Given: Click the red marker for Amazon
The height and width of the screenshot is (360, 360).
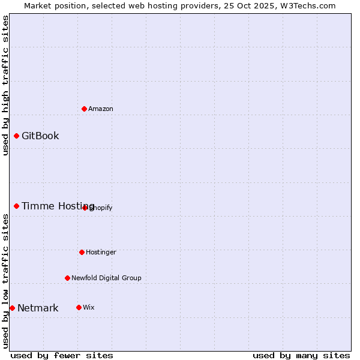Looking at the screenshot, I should pyautogui.click(x=85, y=109).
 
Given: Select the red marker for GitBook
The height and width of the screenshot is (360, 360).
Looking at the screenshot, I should pyautogui.click(x=17, y=136).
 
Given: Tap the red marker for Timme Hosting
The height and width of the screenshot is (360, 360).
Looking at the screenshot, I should pyautogui.click(x=17, y=206).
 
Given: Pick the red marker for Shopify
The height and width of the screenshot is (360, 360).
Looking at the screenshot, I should pyautogui.click(x=85, y=208).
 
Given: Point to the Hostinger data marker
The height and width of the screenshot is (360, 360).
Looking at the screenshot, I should pyautogui.click(x=82, y=252).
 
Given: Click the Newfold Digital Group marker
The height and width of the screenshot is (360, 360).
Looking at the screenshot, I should pyautogui.click(x=68, y=278).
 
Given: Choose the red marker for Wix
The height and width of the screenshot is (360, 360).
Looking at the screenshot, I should pyautogui.click(x=79, y=307).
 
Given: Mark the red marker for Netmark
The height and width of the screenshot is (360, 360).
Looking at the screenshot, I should pyautogui.click(x=13, y=308).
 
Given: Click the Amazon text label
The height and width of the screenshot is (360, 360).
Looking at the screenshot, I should pyautogui.click(x=101, y=109).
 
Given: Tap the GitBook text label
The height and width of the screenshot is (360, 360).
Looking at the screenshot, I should pyautogui.click(x=40, y=136).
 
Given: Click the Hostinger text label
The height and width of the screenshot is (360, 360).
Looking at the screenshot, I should pyautogui.click(x=101, y=252).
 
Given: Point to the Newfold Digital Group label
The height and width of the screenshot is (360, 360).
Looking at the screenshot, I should pyautogui.click(x=106, y=278).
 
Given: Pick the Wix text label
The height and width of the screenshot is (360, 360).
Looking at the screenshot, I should pyautogui.click(x=89, y=307).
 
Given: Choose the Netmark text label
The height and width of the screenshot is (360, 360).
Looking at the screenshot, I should pyautogui.click(x=38, y=308).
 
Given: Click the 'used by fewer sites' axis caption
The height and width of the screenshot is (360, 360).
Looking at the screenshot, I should pyautogui.click(x=62, y=355).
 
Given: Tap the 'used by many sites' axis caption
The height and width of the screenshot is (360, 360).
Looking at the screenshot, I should pyautogui.click(x=301, y=355).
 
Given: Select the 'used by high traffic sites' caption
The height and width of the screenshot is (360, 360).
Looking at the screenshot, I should pyautogui.click(x=5, y=85).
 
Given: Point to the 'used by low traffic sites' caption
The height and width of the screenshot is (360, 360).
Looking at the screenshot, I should pyautogui.click(x=5, y=281).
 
